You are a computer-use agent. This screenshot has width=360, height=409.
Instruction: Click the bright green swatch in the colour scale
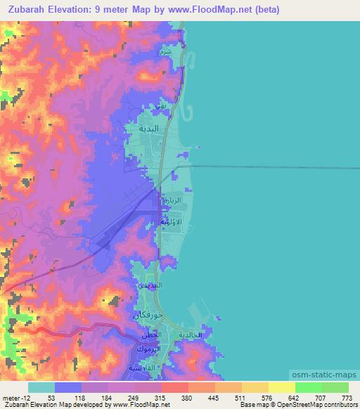coord(309,388)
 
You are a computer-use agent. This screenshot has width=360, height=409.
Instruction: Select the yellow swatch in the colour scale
coord(282,388)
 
